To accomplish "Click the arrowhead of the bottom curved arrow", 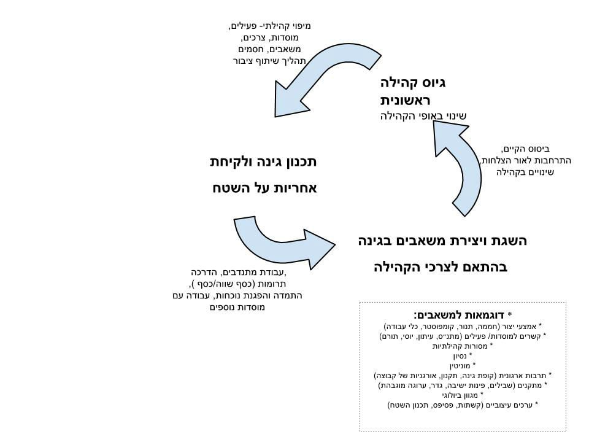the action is tap(319, 248).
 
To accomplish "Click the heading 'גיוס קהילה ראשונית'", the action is tap(412, 91).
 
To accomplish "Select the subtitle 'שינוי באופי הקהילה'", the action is tap(423, 116).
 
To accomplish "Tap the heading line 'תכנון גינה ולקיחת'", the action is tap(263, 162).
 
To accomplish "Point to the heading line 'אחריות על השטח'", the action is tap(265, 188).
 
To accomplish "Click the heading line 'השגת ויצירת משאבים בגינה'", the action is tap(442, 241).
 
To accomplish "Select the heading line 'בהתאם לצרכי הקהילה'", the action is tap(441, 267).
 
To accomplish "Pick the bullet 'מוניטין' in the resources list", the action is tap(460, 365).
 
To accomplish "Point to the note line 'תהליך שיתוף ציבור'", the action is tap(269, 61).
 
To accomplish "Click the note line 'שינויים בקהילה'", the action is tap(525, 172).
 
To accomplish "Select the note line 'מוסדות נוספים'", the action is tap(237, 308).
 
